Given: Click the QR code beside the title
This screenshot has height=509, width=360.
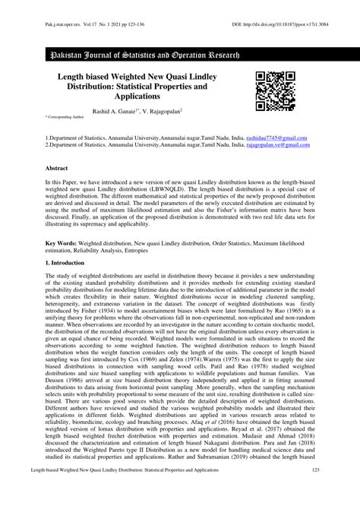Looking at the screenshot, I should pos(275,92).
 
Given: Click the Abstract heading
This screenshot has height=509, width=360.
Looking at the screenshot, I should pos(58,166).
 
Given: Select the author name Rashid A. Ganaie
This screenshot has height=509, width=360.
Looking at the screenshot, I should pos(119,112).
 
